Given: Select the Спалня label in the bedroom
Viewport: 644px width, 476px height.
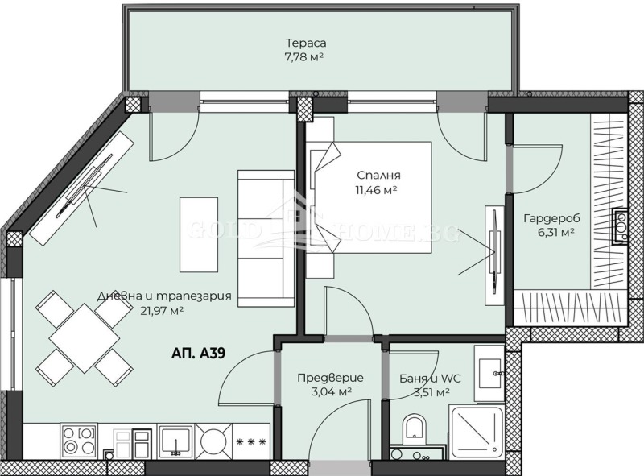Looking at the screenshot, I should [x=379, y=176].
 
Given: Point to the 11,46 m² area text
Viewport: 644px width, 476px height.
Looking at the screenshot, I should [x=379, y=190].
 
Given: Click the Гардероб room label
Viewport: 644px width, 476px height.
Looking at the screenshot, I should [x=551, y=218].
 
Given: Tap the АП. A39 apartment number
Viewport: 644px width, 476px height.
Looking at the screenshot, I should [x=199, y=353].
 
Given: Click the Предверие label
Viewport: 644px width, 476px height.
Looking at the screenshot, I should [x=330, y=377].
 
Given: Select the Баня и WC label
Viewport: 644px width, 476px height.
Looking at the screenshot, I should [x=424, y=378].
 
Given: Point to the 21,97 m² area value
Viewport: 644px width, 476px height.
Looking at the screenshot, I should [x=160, y=310].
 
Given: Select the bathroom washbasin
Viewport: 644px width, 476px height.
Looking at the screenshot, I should [x=489, y=373].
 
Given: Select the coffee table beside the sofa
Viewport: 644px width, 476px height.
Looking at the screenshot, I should [x=198, y=234].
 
